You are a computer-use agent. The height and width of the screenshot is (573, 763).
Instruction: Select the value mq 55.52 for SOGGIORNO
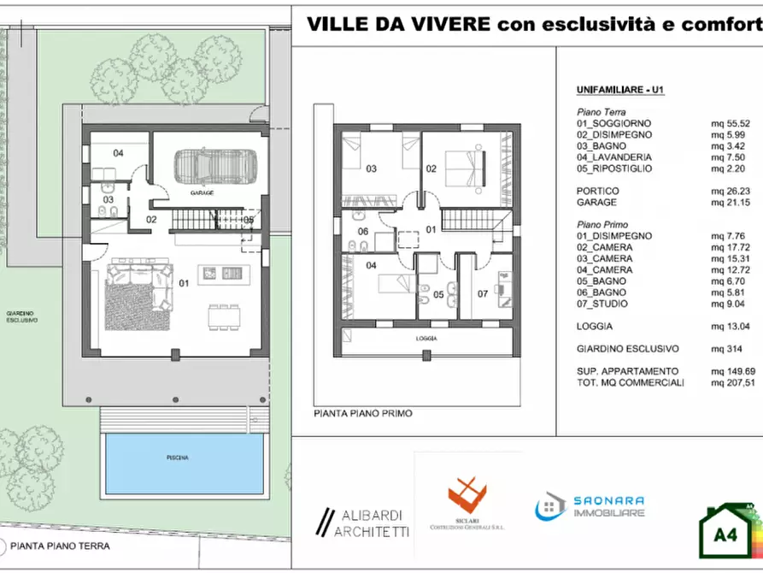point(731,123)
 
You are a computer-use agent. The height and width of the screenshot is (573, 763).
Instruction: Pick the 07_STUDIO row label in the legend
point(602,304)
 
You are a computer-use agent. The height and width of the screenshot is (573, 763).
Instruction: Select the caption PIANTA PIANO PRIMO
point(363,413)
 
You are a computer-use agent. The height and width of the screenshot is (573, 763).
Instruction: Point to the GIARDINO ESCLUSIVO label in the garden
point(23,317)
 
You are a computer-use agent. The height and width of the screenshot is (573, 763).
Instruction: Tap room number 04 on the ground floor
point(118,154)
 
